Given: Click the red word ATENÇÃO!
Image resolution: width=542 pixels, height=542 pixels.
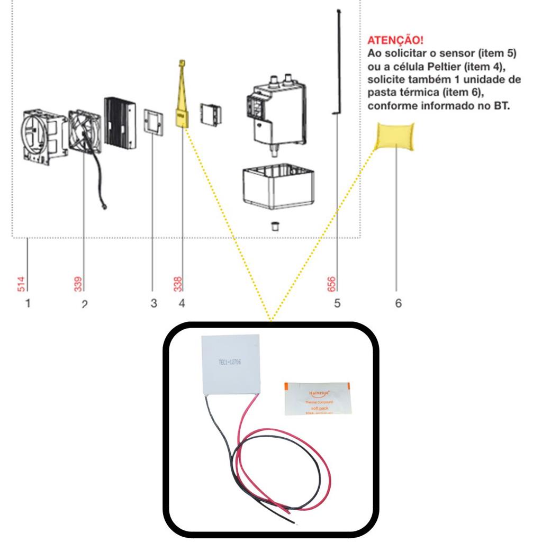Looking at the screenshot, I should (395, 40).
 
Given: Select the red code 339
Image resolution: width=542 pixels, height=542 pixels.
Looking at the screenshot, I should (78, 284).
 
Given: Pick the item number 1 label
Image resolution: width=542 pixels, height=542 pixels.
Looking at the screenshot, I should (28, 303).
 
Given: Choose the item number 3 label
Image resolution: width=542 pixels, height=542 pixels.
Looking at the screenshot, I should (153, 303).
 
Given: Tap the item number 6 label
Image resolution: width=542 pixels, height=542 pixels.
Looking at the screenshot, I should (398, 303).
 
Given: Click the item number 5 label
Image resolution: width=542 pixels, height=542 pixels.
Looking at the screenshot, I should (337, 303).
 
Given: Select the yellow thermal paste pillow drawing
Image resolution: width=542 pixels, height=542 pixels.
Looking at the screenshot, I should (395, 135).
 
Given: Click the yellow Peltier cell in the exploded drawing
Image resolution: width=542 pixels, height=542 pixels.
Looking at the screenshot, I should (181, 114).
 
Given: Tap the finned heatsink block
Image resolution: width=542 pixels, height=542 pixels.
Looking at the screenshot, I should (119, 121).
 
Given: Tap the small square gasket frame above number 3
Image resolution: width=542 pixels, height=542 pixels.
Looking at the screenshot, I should (153, 121).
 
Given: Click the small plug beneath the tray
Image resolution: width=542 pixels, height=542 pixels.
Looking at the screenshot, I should (275, 226).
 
